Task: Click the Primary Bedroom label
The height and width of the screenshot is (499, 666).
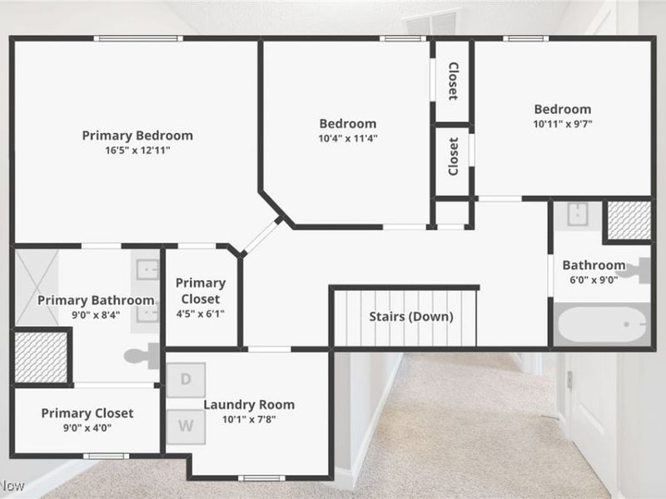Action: (137, 135)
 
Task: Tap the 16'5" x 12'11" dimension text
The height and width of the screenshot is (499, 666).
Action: (137, 151)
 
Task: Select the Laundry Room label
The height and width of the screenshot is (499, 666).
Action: (249, 405)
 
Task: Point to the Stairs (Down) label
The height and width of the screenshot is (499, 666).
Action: (411, 317)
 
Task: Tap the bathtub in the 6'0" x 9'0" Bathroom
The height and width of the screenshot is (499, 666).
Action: (601, 324)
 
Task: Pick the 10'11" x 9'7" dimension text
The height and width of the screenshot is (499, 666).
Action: (563, 124)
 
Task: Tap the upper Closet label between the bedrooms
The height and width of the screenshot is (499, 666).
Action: (453, 81)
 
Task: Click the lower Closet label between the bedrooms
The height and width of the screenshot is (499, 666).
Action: (453, 157)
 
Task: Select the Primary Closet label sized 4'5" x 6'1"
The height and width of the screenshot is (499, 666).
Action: (200, 290)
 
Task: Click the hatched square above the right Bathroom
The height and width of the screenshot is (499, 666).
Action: (628, 220)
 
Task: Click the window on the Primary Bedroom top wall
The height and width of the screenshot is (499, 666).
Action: (137, 37)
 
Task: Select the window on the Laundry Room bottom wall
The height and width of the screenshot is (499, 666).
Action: (261, 477)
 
